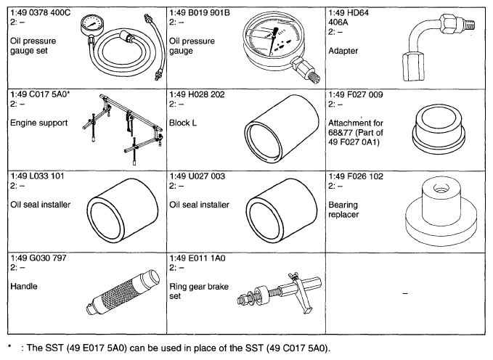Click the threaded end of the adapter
click(468, 25)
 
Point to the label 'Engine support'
click(39, 123)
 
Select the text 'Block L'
click(183, 123)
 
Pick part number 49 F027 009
click(359, 94)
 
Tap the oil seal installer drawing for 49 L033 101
click(122, 210)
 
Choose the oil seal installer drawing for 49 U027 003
click(282, 210)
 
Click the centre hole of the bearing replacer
click(439, 189)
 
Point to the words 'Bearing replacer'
click(343, 210)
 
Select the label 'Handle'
click(24, 287)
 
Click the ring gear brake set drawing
click(280, 293)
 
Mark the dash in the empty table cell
click(405, 294)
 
